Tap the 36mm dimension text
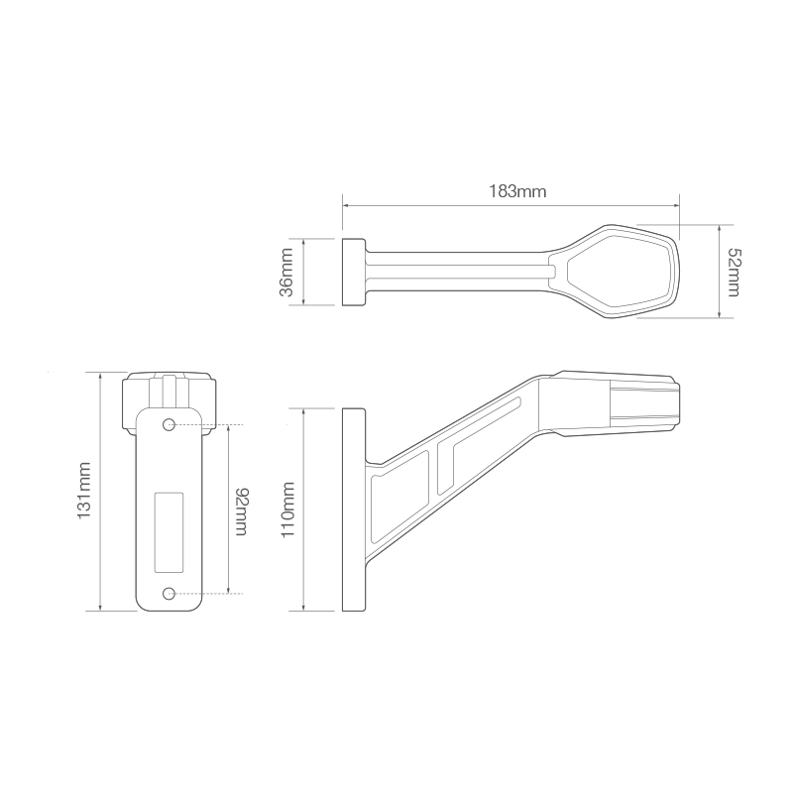tap(286, 272)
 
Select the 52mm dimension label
tap(733, 271)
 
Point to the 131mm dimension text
tap(85, 490)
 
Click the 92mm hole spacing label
tap(241, 510)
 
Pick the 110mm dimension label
tap(288, 509)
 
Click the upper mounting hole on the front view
tap(170, 425)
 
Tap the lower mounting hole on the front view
tap(170, 593)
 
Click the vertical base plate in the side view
tap(353, 509)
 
